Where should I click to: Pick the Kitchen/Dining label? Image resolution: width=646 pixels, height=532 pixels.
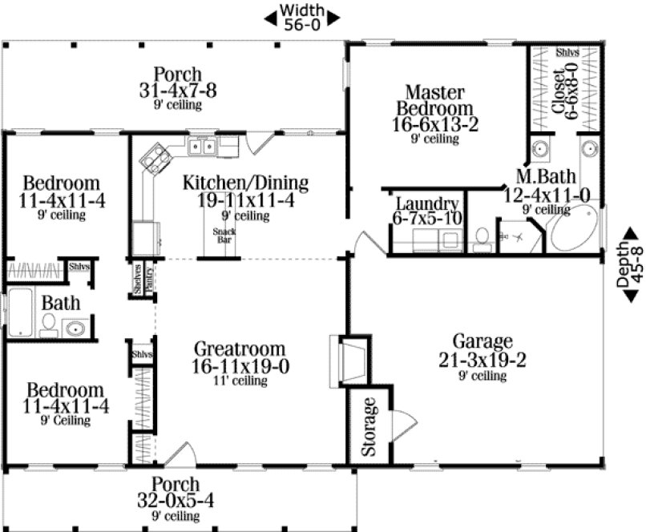pos(245,183)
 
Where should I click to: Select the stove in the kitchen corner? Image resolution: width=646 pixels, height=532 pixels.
pos(152,158)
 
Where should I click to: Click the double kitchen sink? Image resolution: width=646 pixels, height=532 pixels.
pos(201,147)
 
